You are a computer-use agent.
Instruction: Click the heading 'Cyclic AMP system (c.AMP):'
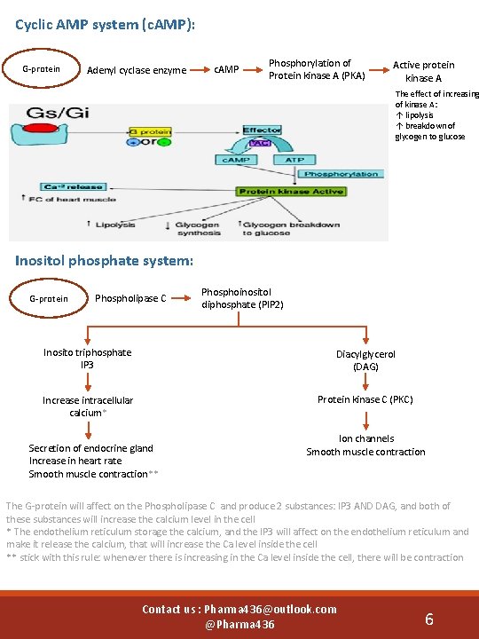pos(106,25)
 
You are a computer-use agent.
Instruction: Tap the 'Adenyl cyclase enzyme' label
pos(136,70)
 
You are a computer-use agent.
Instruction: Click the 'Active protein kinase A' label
pos(423,71)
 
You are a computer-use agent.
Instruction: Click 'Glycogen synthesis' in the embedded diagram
pos(197,228)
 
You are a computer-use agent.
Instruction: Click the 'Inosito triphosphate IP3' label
pos(87,359)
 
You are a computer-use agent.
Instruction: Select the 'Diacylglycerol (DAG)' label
pos(365,359)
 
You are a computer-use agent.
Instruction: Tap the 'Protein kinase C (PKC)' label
pos(365,399)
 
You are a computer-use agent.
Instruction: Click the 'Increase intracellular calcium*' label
pos(87,406)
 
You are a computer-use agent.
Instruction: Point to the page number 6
pos(428,619)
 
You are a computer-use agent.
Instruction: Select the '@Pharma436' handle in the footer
pos(239,625)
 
